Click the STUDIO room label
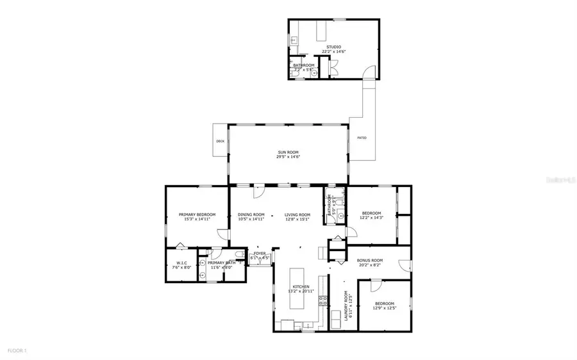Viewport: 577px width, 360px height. (333, 47)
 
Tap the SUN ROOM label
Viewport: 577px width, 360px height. (288, 152)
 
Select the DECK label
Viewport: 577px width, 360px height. (220, 142)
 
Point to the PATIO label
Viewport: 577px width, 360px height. (362, 138)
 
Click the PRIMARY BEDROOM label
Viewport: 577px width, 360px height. (197, 215)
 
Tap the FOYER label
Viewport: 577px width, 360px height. (259, 254)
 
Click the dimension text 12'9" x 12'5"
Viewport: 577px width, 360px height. (385, 308)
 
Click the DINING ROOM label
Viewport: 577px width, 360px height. (251, 215)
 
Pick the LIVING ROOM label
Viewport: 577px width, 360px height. (297, 215)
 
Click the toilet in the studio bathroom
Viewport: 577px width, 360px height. (296, 74)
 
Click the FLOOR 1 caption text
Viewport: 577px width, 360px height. (17, 350)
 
